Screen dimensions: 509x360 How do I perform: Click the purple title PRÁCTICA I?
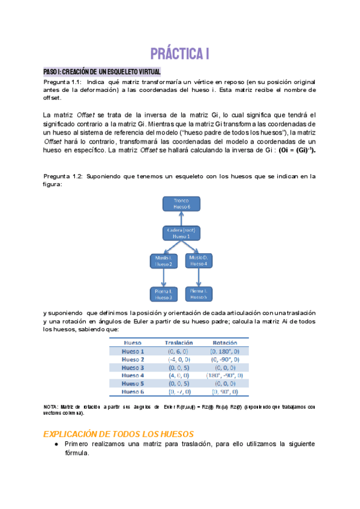[179, 54]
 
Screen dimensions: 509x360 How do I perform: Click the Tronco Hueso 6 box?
[181, 203]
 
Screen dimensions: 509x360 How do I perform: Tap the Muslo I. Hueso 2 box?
[163, 261]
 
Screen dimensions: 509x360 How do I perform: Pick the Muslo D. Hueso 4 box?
[199, 261]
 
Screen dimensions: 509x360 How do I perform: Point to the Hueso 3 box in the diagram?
[163, 294]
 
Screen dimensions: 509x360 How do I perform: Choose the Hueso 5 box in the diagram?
[199, 294]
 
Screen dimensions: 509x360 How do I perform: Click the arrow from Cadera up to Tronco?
[181, 218]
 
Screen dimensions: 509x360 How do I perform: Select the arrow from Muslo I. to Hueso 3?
[163, 277]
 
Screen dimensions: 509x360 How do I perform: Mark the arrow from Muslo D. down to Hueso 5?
[199, 277]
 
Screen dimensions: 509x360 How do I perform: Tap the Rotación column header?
[224, 342]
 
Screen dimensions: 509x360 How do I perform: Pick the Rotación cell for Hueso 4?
[224, 375]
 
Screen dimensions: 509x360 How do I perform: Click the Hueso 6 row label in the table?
[133, 391]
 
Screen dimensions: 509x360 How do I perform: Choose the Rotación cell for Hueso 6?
[224, 391]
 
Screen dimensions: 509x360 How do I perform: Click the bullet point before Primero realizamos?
[55, 444]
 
